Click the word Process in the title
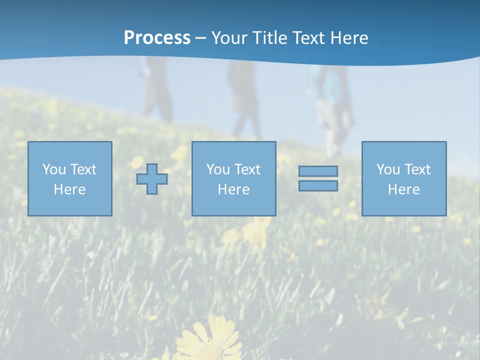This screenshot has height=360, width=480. tap(157, 38)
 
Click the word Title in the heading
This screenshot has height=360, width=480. tap(270, 38)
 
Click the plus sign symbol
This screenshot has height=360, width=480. tap(152, 179)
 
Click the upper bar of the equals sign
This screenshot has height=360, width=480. tap(318, 171)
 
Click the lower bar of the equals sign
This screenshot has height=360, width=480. tap(318, 186)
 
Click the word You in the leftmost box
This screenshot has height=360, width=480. tap(53, 169)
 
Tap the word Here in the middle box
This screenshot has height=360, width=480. tap(234, 189)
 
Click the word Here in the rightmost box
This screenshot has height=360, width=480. tap(404, 189)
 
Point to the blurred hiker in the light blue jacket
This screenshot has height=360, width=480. tap(330, 100)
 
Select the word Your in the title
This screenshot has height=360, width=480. tap(229, 38)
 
